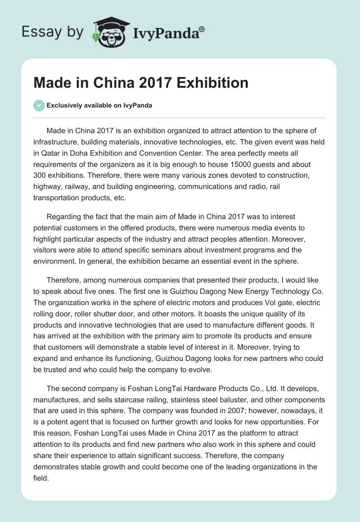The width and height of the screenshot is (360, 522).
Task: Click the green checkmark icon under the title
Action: (x=39, y=105)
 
